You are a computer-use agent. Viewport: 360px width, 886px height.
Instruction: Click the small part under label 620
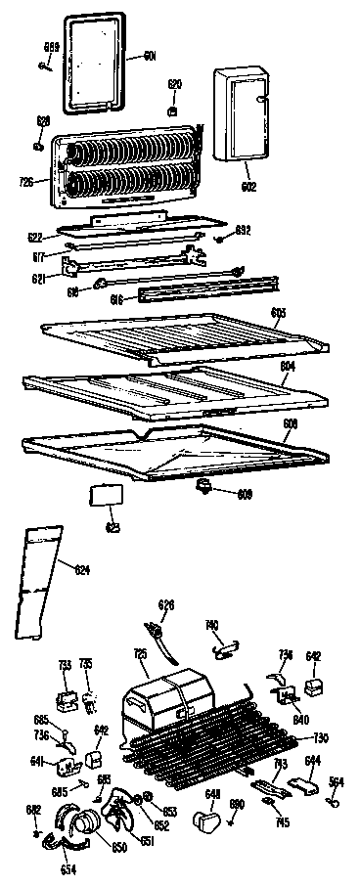[x=173, y=110]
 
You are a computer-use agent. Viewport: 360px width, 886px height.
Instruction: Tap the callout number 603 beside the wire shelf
[x=278, y=312]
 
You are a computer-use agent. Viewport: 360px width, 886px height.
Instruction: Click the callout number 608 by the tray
[x=291, y=423]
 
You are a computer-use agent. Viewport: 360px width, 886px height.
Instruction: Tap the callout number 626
[x=166, y=605]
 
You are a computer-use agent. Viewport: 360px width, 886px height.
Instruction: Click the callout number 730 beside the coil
[x=319, y=737]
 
